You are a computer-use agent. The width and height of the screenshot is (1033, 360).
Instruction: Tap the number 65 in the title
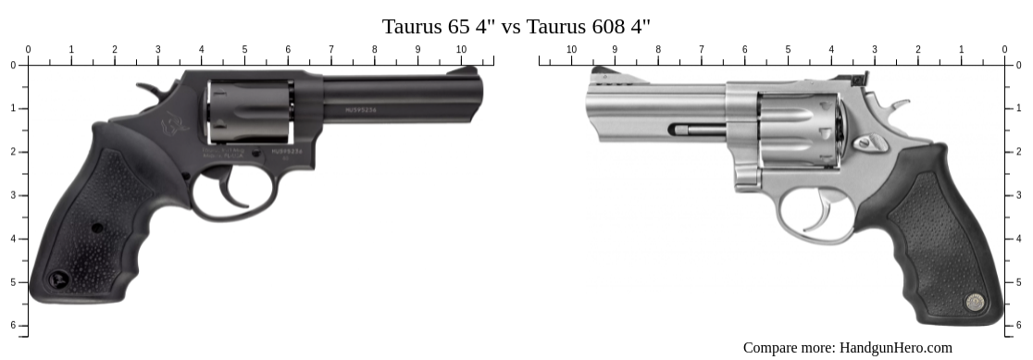click(459, 26)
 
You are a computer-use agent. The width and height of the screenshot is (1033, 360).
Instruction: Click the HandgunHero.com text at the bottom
click(895, 348)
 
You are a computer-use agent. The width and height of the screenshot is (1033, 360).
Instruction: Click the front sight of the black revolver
click(471, 70)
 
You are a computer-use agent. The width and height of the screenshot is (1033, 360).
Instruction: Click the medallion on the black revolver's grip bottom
click(60, 277)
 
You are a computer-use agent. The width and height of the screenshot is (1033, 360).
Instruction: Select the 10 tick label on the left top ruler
click(461, 50)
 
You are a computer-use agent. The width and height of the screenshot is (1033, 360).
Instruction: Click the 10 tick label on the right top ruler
click(571, 50)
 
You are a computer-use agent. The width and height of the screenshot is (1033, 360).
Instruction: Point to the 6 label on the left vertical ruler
click(13, 325)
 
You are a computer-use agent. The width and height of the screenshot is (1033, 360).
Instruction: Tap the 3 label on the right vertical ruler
click(1018, 195)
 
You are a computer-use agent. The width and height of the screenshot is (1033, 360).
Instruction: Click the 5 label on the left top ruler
click(244, 50)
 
